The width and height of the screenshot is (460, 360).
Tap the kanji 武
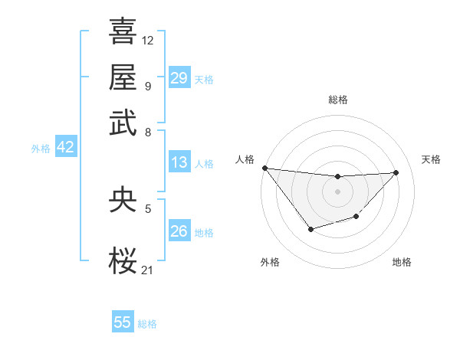[123, 123]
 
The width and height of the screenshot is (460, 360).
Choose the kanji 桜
[123, 260]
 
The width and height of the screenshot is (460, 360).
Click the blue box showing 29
[179, 78]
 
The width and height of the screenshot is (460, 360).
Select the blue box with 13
[179, 162]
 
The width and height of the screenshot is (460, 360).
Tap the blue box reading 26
[179, 231]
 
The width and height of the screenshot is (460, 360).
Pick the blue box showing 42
[65, 147]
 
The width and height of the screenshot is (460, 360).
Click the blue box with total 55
[123, 322]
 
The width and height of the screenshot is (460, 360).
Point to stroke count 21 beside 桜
[147, 269]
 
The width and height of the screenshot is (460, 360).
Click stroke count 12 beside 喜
[147, 39]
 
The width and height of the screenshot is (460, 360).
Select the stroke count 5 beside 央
[147, 207]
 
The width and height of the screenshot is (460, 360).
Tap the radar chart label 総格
[337, 100]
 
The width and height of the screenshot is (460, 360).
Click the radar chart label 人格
[245, 159]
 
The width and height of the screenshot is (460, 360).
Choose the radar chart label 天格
[431, 159]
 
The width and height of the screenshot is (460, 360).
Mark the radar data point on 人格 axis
[264, 168]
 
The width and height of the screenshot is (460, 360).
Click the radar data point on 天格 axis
[396, 172]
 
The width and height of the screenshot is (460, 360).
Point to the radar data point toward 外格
[310, 229]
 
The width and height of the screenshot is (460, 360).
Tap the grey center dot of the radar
[337, 191]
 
